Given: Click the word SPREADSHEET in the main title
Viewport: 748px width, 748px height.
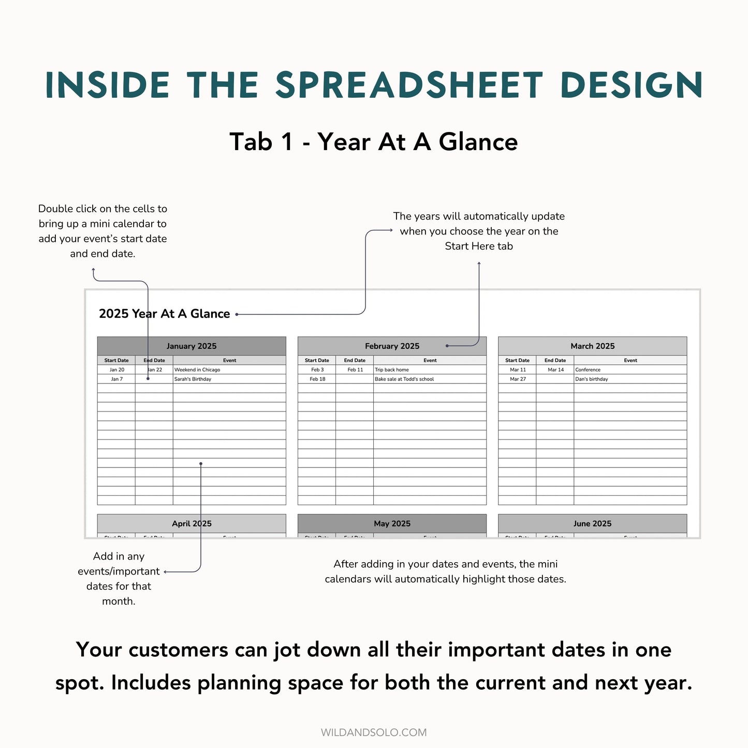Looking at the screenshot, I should click(x=409, y=85).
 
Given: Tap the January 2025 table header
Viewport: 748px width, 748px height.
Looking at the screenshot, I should click(x=192, y=346).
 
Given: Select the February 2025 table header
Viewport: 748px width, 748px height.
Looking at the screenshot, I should click(x=392, y=346).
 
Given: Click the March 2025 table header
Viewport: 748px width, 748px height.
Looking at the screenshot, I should click(x=592, y=346).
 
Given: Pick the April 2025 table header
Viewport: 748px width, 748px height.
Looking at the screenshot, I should click(x=192, y=523).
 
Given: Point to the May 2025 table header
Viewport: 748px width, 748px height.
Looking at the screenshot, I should click(x=392, y=523).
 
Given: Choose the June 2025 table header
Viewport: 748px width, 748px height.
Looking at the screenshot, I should click(x=592, y=523).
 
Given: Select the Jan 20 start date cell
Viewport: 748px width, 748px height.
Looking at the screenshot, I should click(x=117, y=370).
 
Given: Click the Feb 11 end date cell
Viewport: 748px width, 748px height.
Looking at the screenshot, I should click(x=355, y=370).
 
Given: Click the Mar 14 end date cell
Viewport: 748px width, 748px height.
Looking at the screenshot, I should click(x=555, y=370).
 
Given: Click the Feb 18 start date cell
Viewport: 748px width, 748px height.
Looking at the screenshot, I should click(x=317, y=379).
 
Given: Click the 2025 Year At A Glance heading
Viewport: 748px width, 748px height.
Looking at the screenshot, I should click(x=164, y=314).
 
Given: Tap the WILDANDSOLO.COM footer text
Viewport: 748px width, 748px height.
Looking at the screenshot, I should click(x=374, y=732).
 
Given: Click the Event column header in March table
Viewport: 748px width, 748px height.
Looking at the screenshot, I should click(x=630, y=360).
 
